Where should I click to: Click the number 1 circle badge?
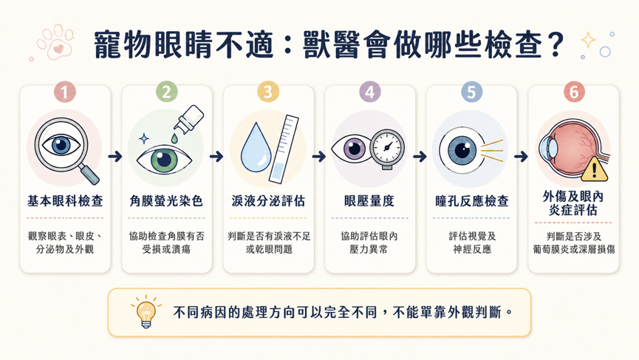pos(65,92)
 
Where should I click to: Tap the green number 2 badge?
pos(167,92)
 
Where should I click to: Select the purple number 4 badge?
pos(369,92)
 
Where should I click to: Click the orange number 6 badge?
pos(574,92)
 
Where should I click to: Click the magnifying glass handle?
pos(89,174)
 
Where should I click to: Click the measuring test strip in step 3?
pos(284,149)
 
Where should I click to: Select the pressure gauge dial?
pos(387,147)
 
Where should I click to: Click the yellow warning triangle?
pos(594,169)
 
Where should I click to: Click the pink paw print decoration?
pos(55,41)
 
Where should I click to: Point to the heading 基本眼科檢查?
pos(65,201)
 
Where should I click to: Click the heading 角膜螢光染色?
pos(166,201)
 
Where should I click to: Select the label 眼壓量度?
pos(369,201)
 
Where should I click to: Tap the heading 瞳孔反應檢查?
pos(472,201)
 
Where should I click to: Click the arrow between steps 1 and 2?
pos(115,156)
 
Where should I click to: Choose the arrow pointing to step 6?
pos(522,156)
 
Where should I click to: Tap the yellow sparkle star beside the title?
pos(588,40)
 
